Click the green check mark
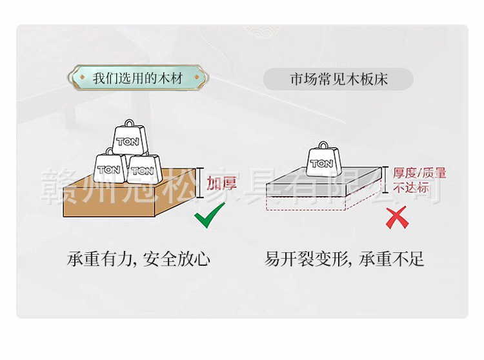pyautogui.click(x=210, y=215)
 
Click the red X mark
pyautogui.click(x=397, y=217)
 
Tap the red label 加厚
pyautogui.click(x=222, y=183)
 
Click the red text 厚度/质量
pyautogui.click(x=420, y=174)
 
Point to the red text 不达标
pyautogui.click(x=411, y=188)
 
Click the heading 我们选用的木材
pyautogui.click(x=137, y=79)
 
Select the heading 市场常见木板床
pyautogui.click(x=338, y=79)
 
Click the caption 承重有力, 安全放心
pyautogui.click(x=139, y=259)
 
